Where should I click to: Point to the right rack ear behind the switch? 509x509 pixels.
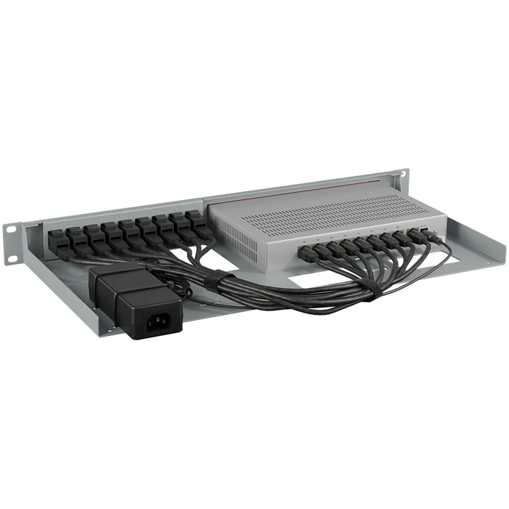pyautogui.click(x=398, y=180)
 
